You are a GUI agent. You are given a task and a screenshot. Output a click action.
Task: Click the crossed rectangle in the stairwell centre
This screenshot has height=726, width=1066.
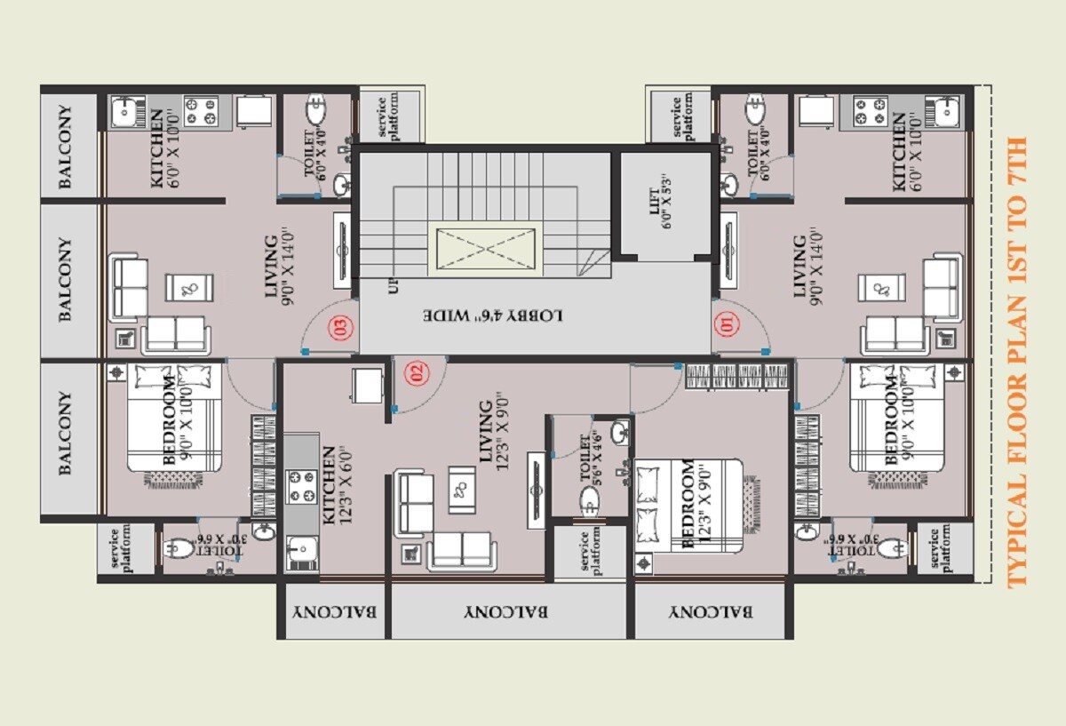[487, 250]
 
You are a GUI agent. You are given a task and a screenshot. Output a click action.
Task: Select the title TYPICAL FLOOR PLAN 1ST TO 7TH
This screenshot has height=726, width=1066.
[1016, 362]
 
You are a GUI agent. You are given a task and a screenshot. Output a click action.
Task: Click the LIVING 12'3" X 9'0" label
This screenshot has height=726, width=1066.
[492, 430]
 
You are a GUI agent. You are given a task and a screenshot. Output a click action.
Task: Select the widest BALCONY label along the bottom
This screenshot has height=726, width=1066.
[506, 611]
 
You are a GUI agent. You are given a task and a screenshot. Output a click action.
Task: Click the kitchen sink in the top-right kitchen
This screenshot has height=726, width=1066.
[946, 111]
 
